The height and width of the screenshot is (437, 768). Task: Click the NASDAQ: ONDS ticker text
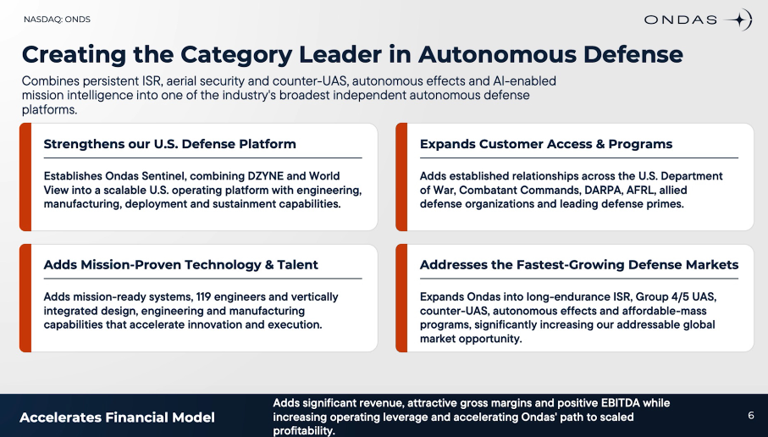(57, 19)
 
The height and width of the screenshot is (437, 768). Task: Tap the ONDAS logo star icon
(738, 19)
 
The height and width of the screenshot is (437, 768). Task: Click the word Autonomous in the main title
(497, 54)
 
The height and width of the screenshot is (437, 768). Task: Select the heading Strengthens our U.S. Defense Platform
(169, 144)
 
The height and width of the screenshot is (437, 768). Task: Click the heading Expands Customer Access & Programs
(545, 144)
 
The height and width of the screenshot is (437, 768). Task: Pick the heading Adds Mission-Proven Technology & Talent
(180, 264)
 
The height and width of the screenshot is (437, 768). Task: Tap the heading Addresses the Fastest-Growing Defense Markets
(579, 264)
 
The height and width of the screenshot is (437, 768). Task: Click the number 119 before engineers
(203, 297)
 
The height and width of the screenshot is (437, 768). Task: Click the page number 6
(751, 416)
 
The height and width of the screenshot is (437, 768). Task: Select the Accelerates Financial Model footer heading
(117, 418)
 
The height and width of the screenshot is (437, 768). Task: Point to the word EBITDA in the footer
(620, 403)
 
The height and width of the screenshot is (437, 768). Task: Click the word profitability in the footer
(304, 431)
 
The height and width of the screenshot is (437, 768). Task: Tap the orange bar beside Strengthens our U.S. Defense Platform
(25, 177)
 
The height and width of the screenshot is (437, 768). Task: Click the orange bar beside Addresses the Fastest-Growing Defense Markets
(401, 298)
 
